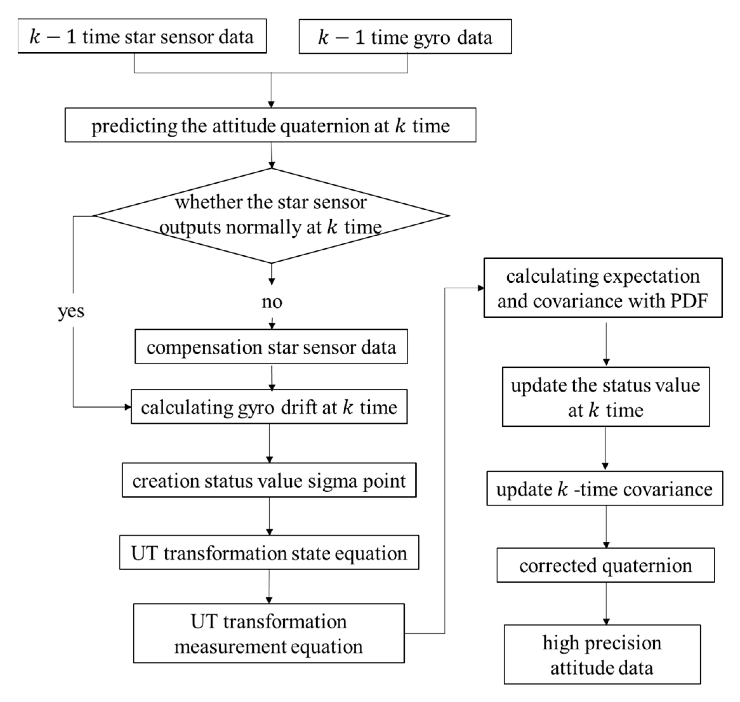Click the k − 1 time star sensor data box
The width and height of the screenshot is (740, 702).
(142, 36)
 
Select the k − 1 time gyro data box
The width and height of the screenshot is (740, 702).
(405, 37)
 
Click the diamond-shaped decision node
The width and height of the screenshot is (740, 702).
(271, 216)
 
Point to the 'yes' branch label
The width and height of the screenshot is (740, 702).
(71, 310)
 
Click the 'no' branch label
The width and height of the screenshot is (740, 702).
(272, 302)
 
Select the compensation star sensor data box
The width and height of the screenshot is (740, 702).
(271, 347)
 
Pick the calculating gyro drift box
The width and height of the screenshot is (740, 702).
(269, 407)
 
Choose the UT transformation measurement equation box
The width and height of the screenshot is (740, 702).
(269, 634)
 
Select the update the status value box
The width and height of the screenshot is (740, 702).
(605, 396)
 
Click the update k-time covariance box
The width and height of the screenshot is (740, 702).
(604, 489)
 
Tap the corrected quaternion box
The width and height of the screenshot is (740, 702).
(605, 565)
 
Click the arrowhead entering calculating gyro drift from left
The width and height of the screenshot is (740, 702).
(127, 407)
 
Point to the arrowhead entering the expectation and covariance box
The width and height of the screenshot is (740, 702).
(481, 288)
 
